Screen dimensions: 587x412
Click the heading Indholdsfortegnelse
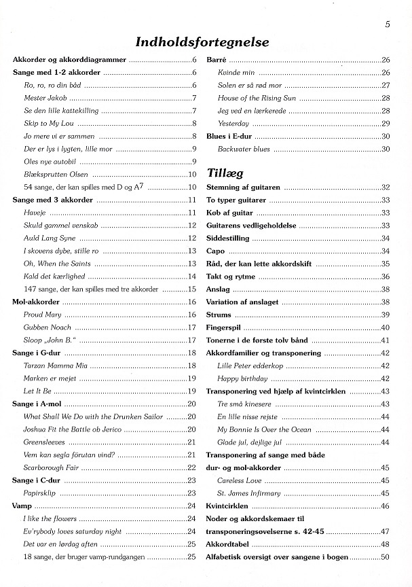202,43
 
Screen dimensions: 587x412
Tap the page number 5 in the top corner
386,25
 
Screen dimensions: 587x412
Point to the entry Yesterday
233,124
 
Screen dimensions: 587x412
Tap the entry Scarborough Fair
52,467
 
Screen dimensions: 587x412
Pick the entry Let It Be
38,391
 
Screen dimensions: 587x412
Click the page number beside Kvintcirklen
385,506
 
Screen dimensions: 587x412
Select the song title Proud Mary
43,315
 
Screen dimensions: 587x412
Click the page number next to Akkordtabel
385,544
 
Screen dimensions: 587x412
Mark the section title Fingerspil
224,327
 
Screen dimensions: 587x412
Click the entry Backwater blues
244,149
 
